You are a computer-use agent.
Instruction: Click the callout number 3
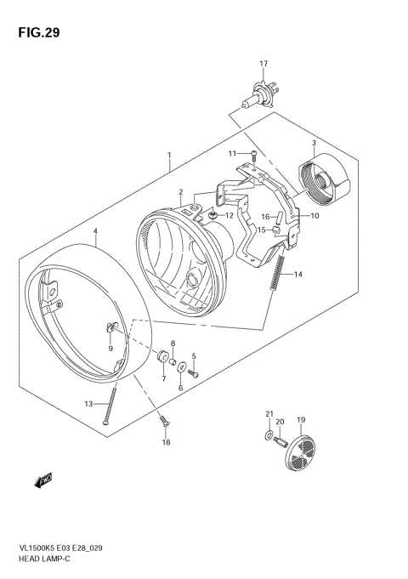(x=314, y=143)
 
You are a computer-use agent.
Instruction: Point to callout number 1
(x=169, y=156)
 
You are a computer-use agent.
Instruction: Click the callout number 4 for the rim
(x=95, y=231)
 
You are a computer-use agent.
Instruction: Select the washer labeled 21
(x=270, y=437)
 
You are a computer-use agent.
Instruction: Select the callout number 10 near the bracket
(x=314, y=216)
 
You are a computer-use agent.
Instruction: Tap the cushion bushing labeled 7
(x=161, y=355)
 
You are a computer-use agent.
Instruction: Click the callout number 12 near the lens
(x=229, y=216)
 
